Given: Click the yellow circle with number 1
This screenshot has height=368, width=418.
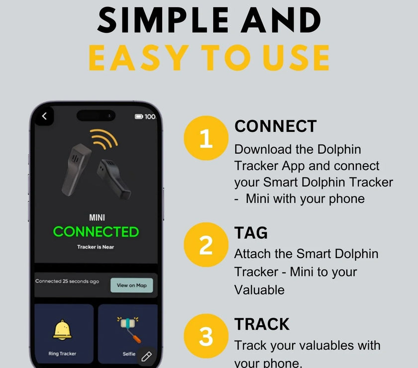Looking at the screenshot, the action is pyautogui.click(x=206, y=138).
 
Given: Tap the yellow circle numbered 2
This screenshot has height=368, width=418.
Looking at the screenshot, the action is pyautogui.click(x=206, y=245).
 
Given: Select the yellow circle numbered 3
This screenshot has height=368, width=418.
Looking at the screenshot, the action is pyautogui.click(x=206, y=336).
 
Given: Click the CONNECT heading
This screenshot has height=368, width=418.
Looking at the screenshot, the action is pyautogui.click(x=275, y=126).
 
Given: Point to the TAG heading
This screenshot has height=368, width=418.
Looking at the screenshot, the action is pyautogui.click(x=251, y=233).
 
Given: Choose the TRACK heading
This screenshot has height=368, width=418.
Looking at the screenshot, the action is pyautogui.click(x=262, y=324).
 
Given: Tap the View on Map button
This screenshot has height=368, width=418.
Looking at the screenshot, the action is pyautogui.click(x=132, y=285).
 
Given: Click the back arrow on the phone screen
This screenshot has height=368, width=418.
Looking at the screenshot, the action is pyautogui.click(x=44, y=116).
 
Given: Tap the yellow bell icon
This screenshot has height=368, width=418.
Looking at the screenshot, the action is pyautogui.click(x=62, y=330).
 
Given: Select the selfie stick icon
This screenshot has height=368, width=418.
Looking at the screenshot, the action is pyautogui.click(x=129, y=329).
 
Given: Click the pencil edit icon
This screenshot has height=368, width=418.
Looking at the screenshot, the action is pyautogui.click(x=146, y=356).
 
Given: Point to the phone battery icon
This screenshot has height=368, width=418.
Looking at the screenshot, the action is pyautogui.click(x=139, y=116).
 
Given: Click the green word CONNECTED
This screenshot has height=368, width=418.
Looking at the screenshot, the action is pyautogui.click(x=96, y=232).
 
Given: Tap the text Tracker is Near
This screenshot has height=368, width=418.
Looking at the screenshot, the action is pyautogui.click(x=96, y=247).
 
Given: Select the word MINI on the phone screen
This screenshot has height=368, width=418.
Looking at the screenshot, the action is pyautogui.click(x=97, y=218).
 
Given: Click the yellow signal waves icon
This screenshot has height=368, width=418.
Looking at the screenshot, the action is pyautogui.click(x=104, y=139).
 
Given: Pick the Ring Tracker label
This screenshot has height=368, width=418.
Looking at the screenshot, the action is pyautogui.click(x=62, y=354).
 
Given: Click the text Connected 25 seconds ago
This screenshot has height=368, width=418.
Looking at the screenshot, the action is pyautogui.click(x=67, y=281).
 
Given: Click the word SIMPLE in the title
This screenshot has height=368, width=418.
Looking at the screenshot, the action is pyautogui.click(x=163, y=20).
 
